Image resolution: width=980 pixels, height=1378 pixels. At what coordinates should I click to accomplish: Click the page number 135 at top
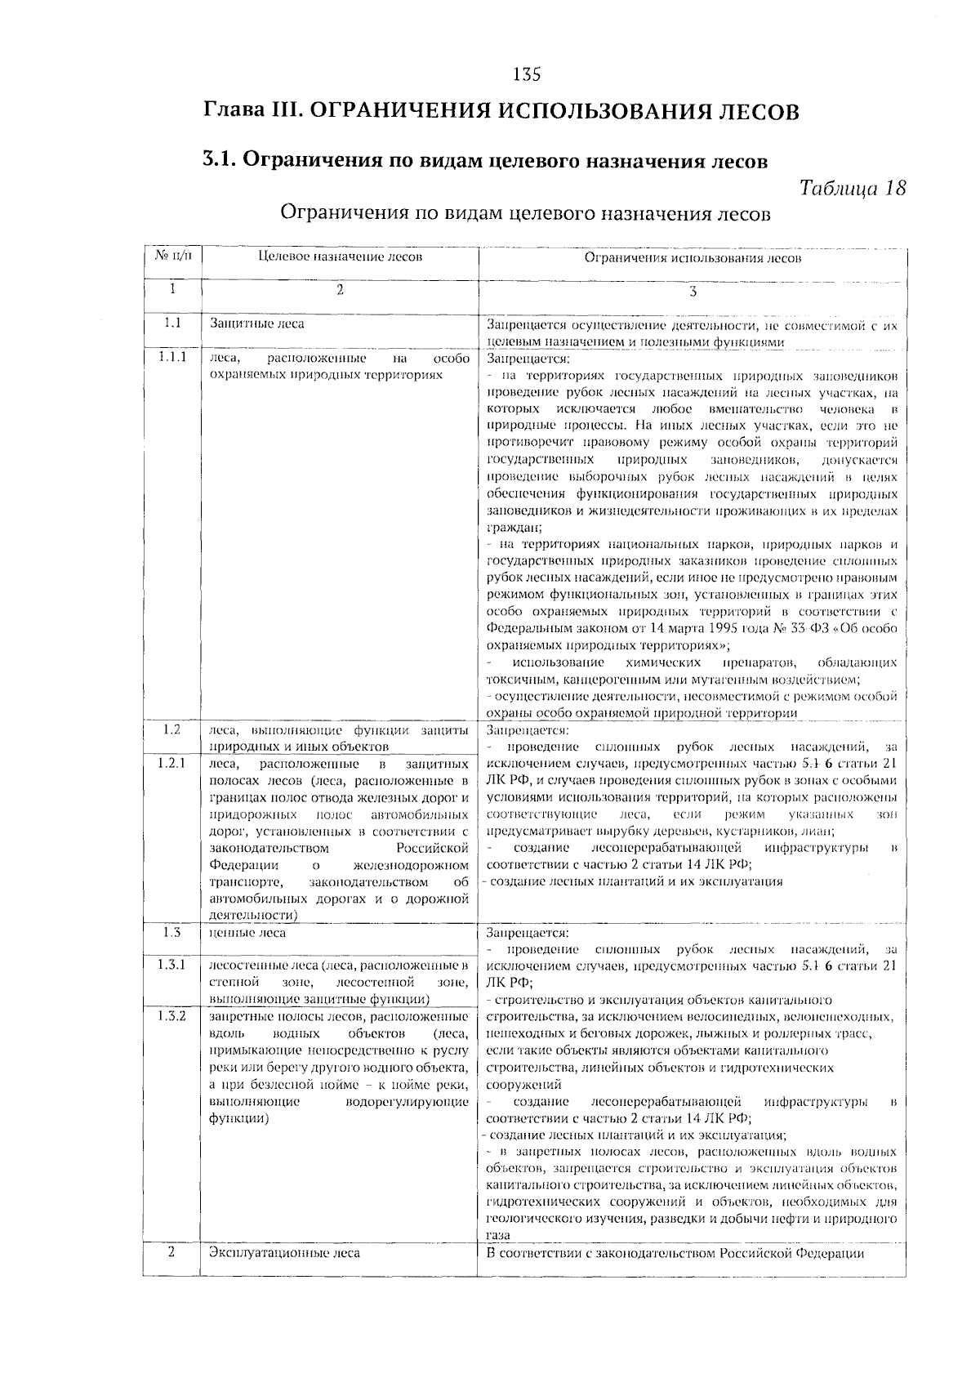coord(527,75)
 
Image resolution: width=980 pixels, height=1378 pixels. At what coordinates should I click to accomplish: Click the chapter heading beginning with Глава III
coord(501,111)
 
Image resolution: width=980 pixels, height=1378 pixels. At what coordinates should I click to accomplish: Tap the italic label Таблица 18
coord(851,189)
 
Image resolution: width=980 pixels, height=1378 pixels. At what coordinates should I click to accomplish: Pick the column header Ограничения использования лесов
coord(693,258)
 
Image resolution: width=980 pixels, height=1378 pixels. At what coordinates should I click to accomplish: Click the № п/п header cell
coord(172,256)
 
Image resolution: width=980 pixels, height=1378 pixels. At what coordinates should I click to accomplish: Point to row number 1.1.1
coord(172,357)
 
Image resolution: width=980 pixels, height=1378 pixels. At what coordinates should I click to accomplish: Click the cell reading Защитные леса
coord(257,323)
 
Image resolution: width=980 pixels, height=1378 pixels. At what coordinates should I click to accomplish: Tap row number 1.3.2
coord(172,1016)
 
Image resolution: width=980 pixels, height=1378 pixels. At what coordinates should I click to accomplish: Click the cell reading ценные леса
coord(248,932)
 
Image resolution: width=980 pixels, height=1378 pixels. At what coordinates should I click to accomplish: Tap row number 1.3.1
coord(172,965)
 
